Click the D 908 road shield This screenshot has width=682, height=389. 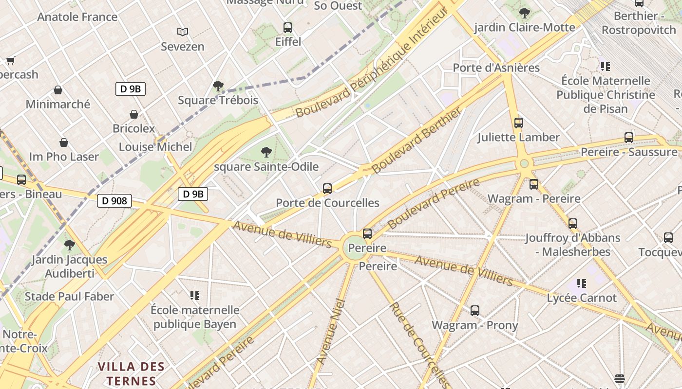pyautogui.click(x=114, y=200)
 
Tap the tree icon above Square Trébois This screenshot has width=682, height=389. pyautogui.click(x=218, y=86)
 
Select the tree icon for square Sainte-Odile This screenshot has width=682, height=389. pyautogui.click(x=266, y=152)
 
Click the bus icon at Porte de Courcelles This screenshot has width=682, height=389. pyautogui.click(x=327, y=188)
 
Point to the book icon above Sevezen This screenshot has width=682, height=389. pyautogui.click(x=183, y=32)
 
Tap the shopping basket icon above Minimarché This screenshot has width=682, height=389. pyautogui.click(x=58, y=90)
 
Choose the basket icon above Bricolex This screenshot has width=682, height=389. pyautogui.click(x=134, y=114)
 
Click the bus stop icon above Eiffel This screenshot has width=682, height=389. pyautogui.click(x=288, y=27)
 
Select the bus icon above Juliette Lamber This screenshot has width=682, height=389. pyautogui.click(x=519, y=123)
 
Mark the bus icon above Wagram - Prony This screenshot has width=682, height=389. pyautogui.click(x=475, y=310)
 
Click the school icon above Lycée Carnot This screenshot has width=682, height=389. pyautogui.click(x=581, y=283)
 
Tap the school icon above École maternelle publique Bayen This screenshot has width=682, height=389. pyautogui.click(x=195, y=295)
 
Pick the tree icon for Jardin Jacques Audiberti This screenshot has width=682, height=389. pyautogui.click(x=70, y=245)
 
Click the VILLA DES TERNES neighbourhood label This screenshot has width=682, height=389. pyautogui.click(x=131, y=373)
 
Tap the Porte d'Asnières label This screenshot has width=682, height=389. pyautogui.click(x=496, y=68)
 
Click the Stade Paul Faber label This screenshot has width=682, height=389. pyautogui.click(x=69, y=296)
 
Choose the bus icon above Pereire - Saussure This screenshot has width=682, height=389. pyautogui.click(x=629, y=137)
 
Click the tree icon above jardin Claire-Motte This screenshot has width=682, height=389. pyautogui.click(x=525, y=13)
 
